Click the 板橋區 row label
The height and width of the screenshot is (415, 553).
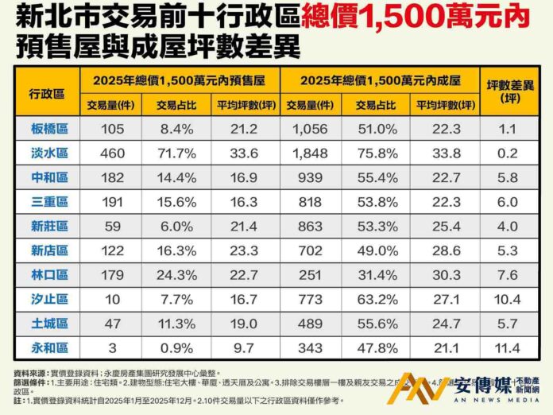[x=48, y=129]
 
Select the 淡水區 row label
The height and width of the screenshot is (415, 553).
[x=48, y=153]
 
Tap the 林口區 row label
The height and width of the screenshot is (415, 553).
[x=48, y=275]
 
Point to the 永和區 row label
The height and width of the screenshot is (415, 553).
[x=48, y=348]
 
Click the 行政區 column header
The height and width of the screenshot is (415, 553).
[x=48, y=92]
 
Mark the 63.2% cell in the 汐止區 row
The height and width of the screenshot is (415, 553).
[x=377, y=300]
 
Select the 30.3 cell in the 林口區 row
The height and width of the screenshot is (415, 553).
[x=444, y=275]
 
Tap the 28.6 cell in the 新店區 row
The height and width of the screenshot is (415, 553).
[x=444, y=251]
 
